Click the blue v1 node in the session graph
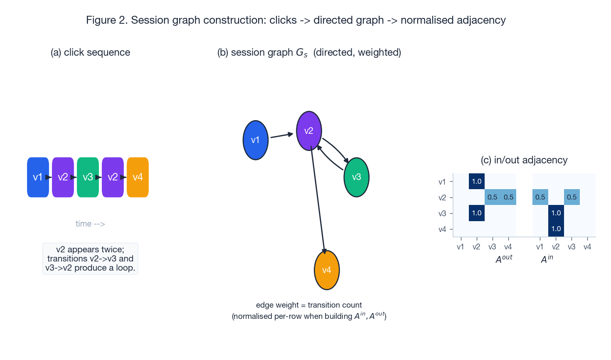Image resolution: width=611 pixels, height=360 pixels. click(255, 140)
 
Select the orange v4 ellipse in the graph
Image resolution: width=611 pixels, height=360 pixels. click(327, 270)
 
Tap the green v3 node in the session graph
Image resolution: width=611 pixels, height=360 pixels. click(356, 177)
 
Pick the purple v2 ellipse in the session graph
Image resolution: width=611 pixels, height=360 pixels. click(309, 131)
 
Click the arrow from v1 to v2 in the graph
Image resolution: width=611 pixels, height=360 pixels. click(281, 135)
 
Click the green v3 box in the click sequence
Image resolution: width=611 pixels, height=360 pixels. click(88, 177)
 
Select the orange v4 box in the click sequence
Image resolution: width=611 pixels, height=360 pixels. click(138, 177)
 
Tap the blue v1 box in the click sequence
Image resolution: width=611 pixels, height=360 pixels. click(38, 177)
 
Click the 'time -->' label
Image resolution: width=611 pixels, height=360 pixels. click(90, 224)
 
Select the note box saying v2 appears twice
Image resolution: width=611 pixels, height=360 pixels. click(90, 259)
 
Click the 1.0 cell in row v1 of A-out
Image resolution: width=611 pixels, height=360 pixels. click(476, 181)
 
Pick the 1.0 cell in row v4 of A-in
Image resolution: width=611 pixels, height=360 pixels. click(556, 229)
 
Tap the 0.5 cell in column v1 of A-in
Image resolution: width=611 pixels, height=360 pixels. click(540, 197)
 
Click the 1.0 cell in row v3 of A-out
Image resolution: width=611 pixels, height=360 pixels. click(476, 213)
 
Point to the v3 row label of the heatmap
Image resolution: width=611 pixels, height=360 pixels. click(442, 213)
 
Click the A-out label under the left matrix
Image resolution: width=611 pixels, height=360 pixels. click(504, 259)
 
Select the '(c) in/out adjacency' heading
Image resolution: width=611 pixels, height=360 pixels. click(524, 160)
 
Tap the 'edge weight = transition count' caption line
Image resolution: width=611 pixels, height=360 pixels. click(309, 305)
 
